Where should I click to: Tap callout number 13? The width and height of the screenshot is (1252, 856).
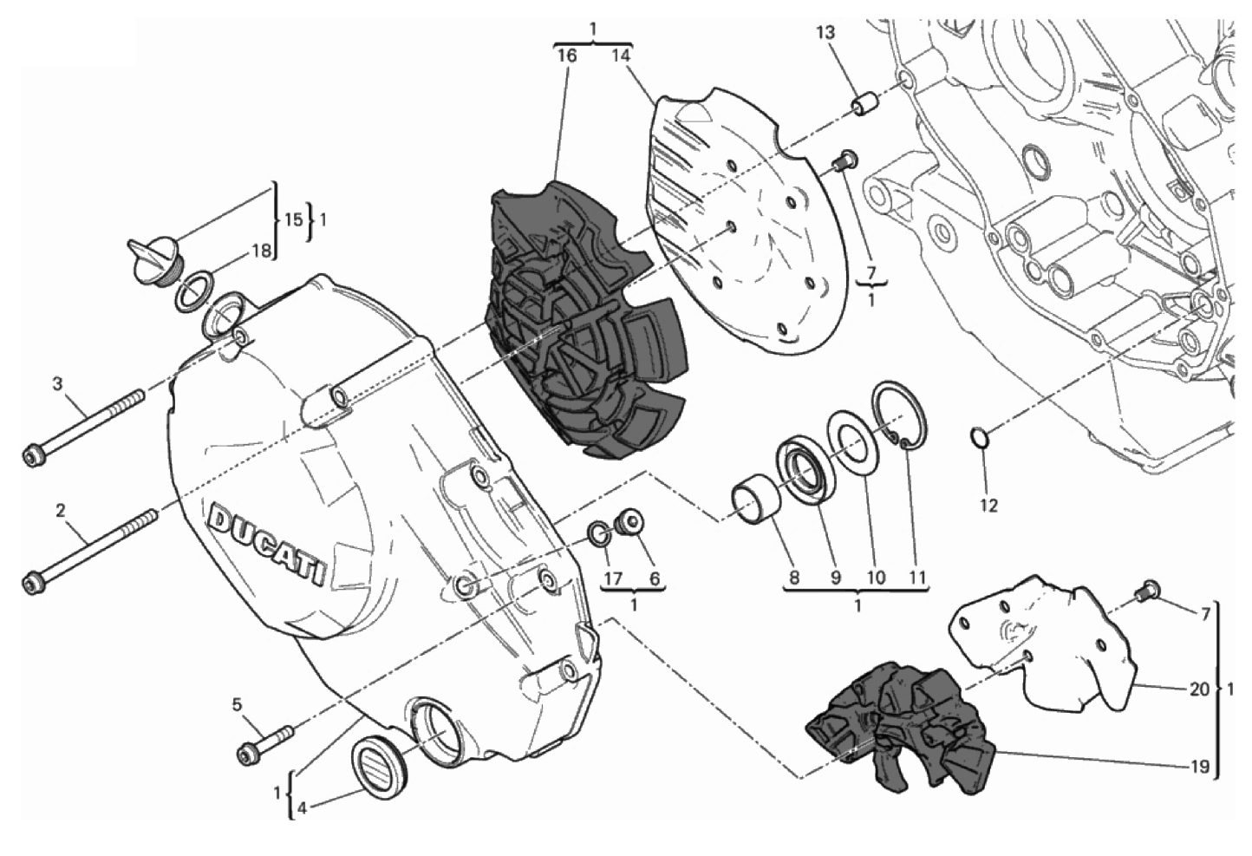tap(825, 33)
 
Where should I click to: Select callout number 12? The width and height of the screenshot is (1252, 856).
tap(988, 506)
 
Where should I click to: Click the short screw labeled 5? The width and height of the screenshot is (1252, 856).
tap(265, 744)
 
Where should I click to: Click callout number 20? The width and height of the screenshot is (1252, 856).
tap(1200, 690)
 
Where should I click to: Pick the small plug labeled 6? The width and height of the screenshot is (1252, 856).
tap(629, 523)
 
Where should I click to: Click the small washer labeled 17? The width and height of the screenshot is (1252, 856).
tap(600, 533)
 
